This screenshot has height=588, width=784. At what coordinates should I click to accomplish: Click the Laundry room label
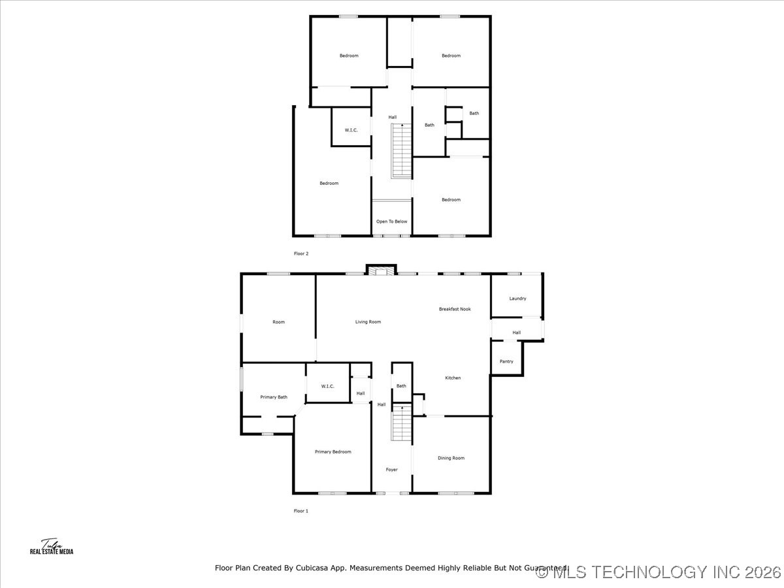pos(517,299)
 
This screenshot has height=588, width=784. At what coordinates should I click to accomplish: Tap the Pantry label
pos(506,361)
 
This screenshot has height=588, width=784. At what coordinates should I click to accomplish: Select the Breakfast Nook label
pos(455,309)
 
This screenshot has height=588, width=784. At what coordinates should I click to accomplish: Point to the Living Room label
pos(368,321)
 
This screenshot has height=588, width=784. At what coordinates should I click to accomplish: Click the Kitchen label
pos(453,378)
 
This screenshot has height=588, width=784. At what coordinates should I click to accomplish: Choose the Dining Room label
pos(451,458)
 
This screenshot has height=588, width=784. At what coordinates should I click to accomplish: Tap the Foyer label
pos(391,470)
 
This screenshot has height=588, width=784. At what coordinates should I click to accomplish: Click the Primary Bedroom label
pos(333,451)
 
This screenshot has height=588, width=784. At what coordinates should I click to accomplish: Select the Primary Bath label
pos(274,397)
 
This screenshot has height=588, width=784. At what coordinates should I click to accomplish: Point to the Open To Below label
pos(391,221)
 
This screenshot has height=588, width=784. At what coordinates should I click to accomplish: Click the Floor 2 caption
pos(301,253)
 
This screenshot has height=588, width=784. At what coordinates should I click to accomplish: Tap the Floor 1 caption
pos(301,511)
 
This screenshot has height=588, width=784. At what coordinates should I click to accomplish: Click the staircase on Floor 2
pos(401,152)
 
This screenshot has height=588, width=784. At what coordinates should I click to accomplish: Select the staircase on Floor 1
pos(401,423)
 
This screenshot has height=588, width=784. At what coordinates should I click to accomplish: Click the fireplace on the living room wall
pos(381,270)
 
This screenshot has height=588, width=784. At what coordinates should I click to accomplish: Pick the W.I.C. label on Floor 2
pos(351,130)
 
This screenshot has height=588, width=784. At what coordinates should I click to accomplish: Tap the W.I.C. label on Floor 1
pos(327,386)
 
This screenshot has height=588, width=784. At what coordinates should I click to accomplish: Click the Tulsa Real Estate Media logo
pos(52,547)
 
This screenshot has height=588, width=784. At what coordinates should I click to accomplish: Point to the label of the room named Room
pos(278,321)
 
